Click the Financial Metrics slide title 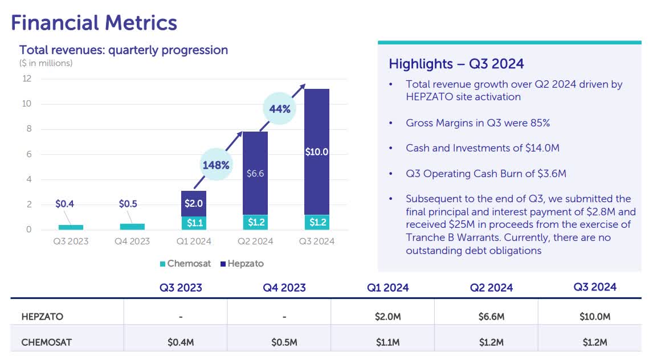coord(94,23)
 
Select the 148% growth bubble coord(216,165)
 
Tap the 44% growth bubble coord(280,109)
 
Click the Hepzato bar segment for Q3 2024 coord(316,152)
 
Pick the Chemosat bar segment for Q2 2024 coord(255,222)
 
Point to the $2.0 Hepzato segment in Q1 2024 coord(193,203)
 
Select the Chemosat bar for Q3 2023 coord(71,227)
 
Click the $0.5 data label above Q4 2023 coord(128,204)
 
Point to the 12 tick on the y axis coord(27,79)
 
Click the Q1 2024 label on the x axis coord(193,242)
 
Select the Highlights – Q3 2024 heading coord(456,64)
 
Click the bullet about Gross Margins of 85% coord(478,123)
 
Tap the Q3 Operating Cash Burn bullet coord(485,174)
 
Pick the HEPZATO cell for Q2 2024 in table coord(491,317)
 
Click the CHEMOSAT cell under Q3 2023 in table coord(181,342)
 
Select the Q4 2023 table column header coord(284,288)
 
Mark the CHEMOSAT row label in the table coord(47,342)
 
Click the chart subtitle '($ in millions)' coord(46,63)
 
